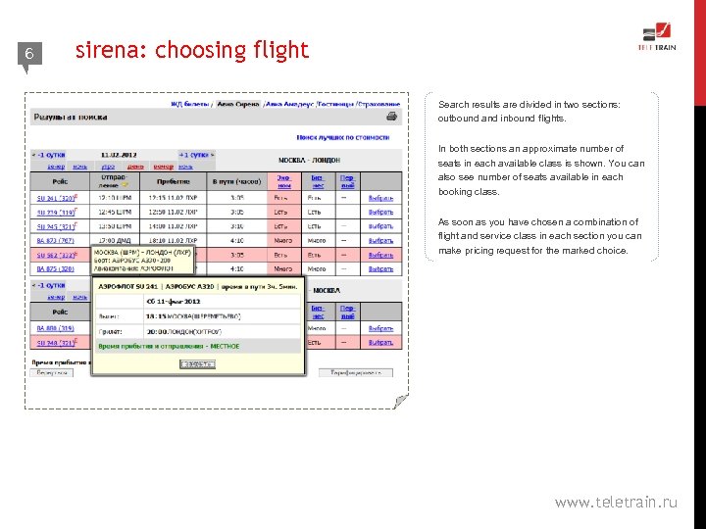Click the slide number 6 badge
pyautogui.click(x=29, y=55)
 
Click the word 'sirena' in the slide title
pyautogui.click(x=105, y=50)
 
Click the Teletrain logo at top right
pyautogui.click(x=657, y=37)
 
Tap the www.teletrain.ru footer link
pyautogui.click(x=616, y=503)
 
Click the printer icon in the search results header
pyautogui.click(x=392, y=117)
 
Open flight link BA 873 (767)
pyautogui.click(x=55, y=240)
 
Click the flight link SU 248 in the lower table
pyautogui.click(x=55, y=343)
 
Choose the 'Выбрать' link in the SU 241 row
pyautogui.click(x=380, y=198)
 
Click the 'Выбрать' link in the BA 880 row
pyautogui.click(x=380, y=329)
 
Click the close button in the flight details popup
pyautogui.click(x=197, y=363)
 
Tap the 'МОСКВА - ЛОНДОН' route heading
pyautogui.click(x=310, y=160)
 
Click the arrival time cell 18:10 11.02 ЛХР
pyautogui.click(x=173, y=240)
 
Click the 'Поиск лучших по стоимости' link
pyautogui.click(x=343, y=138)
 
